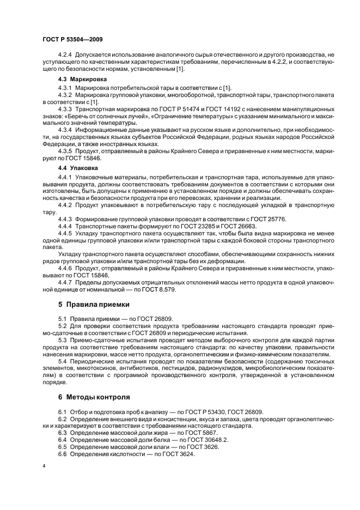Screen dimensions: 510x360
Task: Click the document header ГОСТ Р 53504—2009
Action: pos(72,40)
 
